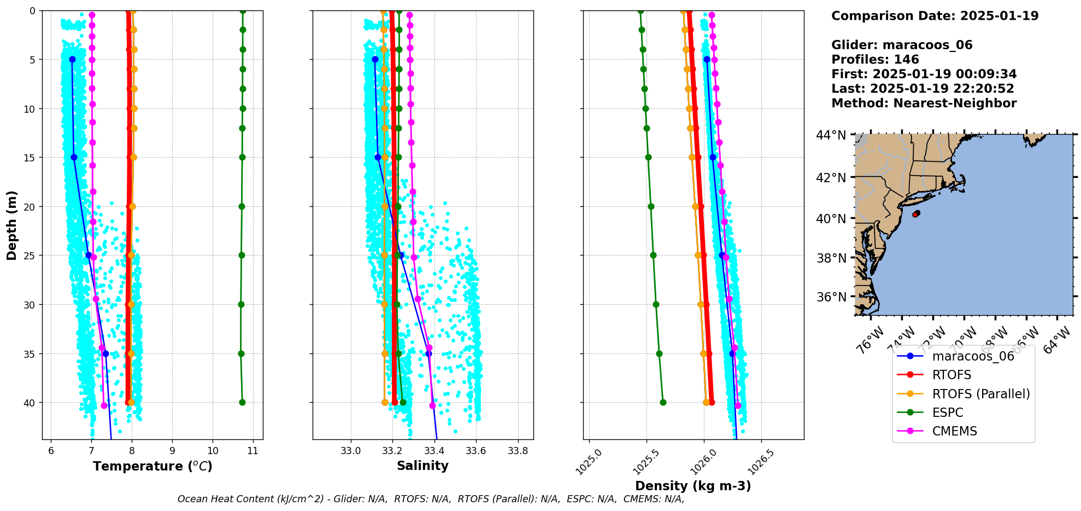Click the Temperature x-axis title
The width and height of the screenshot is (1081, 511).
(152, 466)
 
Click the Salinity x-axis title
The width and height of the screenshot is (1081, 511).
(422, 466)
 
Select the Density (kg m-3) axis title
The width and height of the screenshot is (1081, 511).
(693, 486)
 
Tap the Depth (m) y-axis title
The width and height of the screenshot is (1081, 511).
(12, 225)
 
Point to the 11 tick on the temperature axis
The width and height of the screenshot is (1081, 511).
(252, 451)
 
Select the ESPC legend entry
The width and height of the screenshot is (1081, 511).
(948, 413)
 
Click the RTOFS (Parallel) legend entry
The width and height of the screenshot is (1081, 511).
(980, 394)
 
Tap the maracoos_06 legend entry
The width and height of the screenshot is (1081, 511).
(973, 357)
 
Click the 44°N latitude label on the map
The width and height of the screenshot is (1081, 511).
(831, 135)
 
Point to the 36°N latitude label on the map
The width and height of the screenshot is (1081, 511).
(831, 297)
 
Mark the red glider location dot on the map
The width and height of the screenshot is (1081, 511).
(915, 214)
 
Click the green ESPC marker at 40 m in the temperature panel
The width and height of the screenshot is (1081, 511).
(242, 402)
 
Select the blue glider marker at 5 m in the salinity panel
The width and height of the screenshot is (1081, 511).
(375, 59)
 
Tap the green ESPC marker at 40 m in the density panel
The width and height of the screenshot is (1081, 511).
(663, 402)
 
